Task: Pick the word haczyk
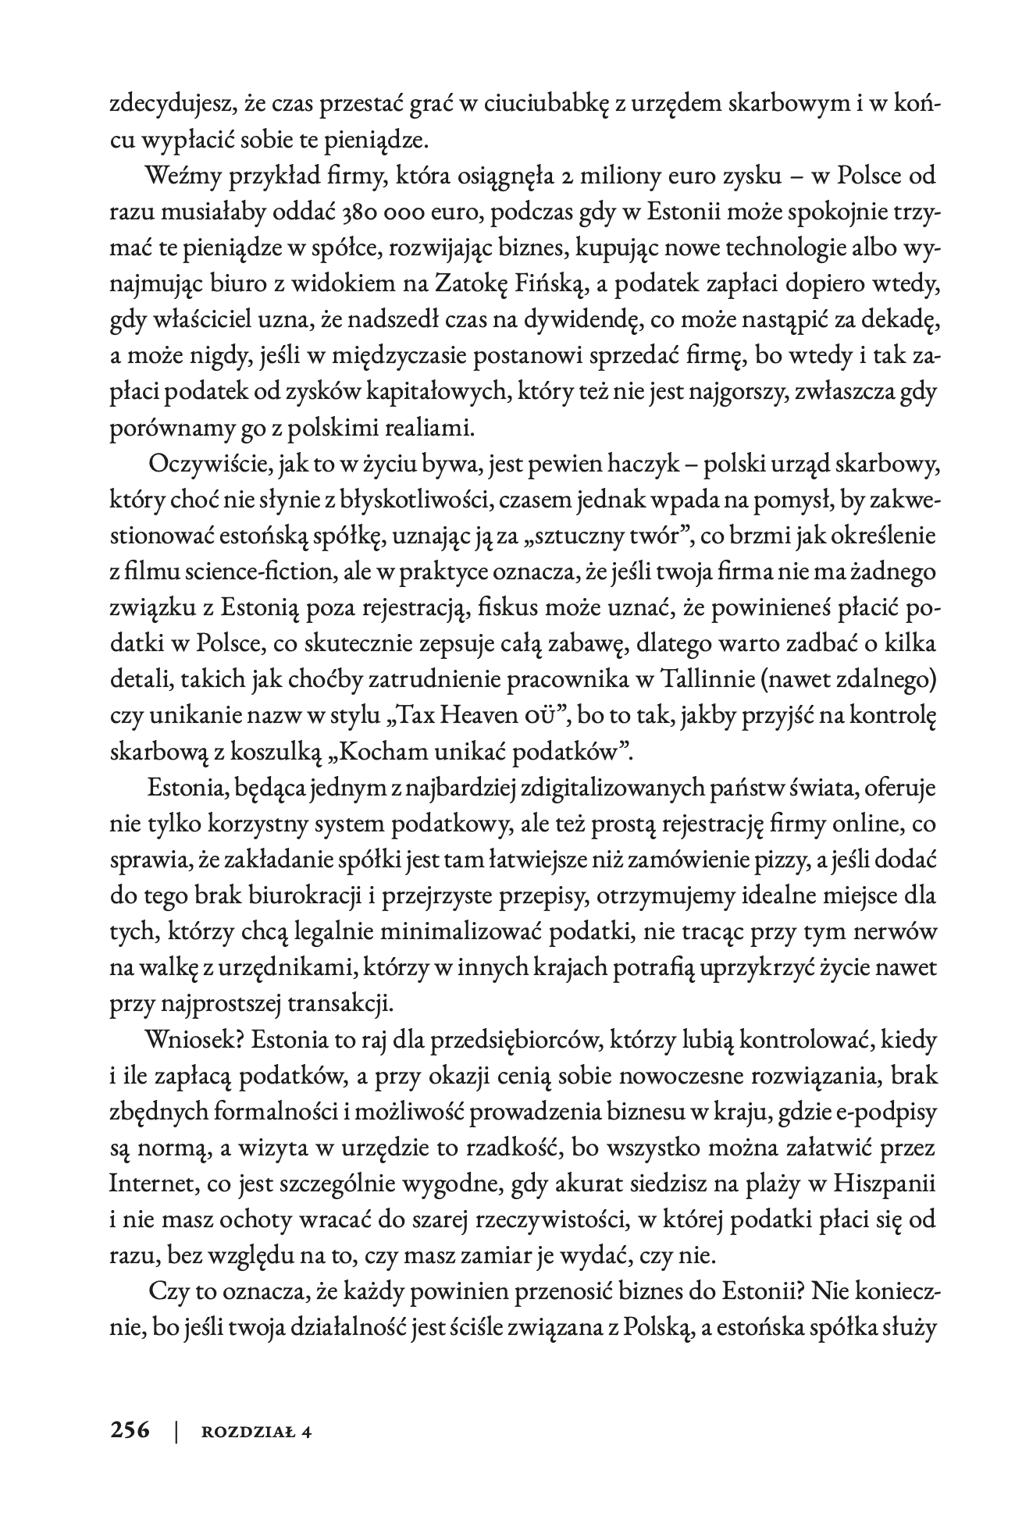pyautogui.click(x=651, y=465)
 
